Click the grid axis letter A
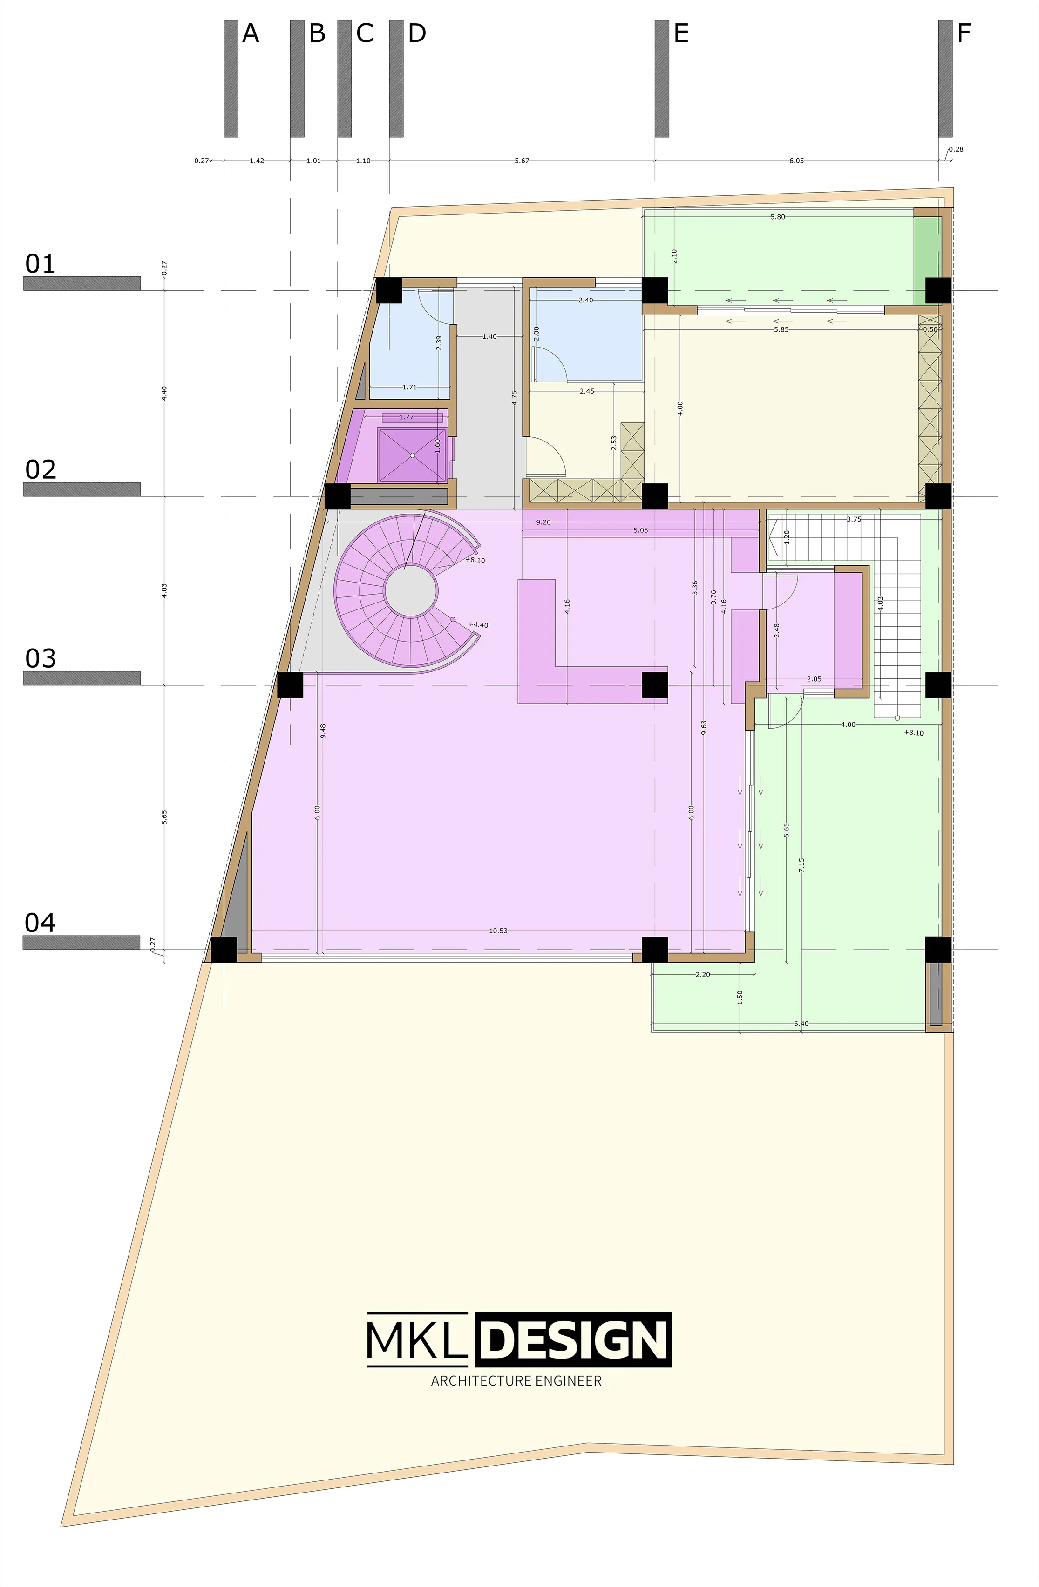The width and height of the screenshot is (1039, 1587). click(x=250, y=33)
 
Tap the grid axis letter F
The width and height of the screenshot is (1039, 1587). click(x=964, y=33)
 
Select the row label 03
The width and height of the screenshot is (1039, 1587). click(x=41, y=658)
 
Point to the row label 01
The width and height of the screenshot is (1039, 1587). click(x=41, y=264)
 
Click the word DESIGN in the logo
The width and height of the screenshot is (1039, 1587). click(x=574, y=1340)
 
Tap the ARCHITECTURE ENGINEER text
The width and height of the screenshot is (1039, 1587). click(x=516, y=1381)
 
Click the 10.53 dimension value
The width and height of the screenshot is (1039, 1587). click(x=498, y=930)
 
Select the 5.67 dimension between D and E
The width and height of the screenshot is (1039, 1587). click(x=522, y=161)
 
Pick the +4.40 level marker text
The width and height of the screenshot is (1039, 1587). click(x=478, y=625)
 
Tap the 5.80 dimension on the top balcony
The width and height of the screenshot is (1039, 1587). click(x=777, y=217)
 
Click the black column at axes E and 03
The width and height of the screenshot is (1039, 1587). click(x=655, y=685)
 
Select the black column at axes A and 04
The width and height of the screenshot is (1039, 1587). click(x=224, y=950)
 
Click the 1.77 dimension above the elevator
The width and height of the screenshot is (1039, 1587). click(x=407, y=417)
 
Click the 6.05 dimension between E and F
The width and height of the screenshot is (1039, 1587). click(x=796, y=161)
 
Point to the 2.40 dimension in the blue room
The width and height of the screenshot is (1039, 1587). click(x=585, y=300)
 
